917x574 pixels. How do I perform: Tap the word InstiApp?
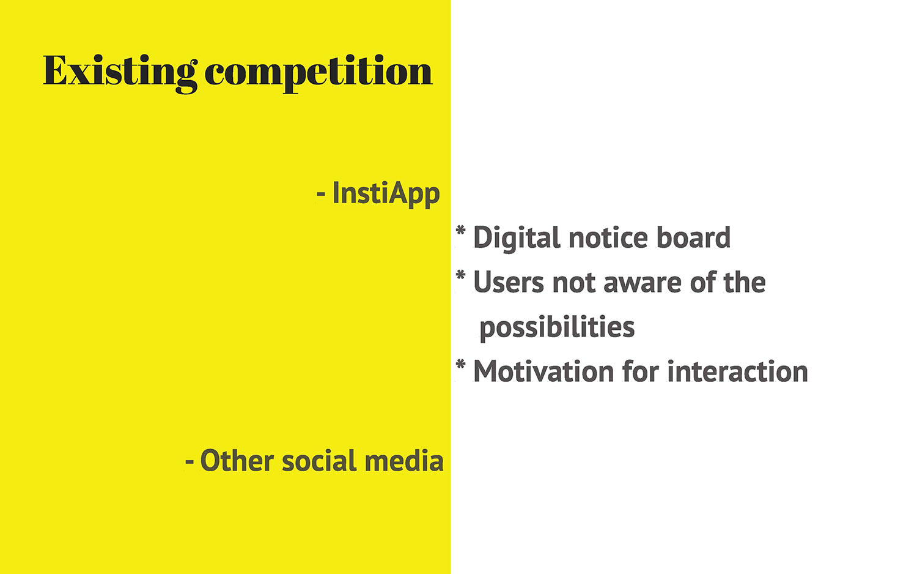pos(386,194)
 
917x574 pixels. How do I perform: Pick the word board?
pos(693,237)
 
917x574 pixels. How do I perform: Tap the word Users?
pos(509,283)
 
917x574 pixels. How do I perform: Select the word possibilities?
pos(557,328)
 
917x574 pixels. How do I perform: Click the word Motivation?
pos(543,371)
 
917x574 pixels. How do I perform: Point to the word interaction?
pos(738,371)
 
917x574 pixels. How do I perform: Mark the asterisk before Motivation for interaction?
pos(460,365)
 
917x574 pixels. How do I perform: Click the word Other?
pos(237,461)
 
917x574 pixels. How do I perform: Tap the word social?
pos(319,461)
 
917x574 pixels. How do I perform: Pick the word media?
pos(404,461)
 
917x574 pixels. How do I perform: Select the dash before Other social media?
pos(189,462)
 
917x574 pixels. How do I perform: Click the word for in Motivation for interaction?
pos(641,371)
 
